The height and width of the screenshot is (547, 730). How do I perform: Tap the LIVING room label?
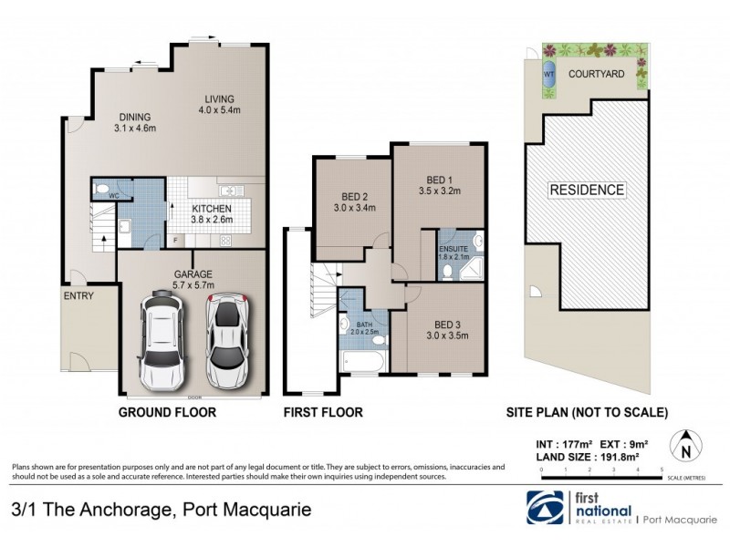pyautogui.click(x=219, y=99)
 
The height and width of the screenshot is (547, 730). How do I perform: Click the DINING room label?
pyautogui.click(x=135, y=116)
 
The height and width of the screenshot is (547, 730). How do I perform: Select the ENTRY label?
pyautogui.click(x=78, y=296)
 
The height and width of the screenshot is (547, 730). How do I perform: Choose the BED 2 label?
pyautogui.click(x=354, y=197)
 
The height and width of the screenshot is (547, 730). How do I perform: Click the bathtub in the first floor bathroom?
pyautogui.click(x=364, y=365)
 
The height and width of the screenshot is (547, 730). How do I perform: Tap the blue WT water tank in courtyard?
pyautogui.click(x=549, y=77)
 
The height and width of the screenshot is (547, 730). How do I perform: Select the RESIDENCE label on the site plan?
pyautogui.click(x=587, y=190)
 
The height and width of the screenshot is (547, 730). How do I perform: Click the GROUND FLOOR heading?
pyautogui.click(x=167, y=412)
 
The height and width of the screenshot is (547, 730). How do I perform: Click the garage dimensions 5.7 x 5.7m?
pyautogui.click(x=193, y=284)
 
